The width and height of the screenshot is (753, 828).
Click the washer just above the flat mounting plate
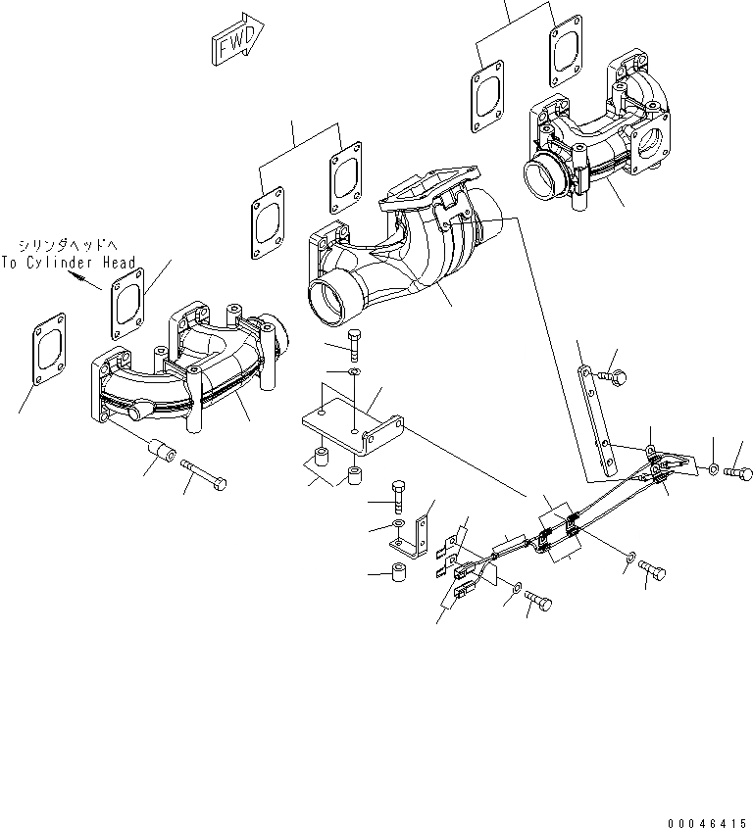tap(354, 373)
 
